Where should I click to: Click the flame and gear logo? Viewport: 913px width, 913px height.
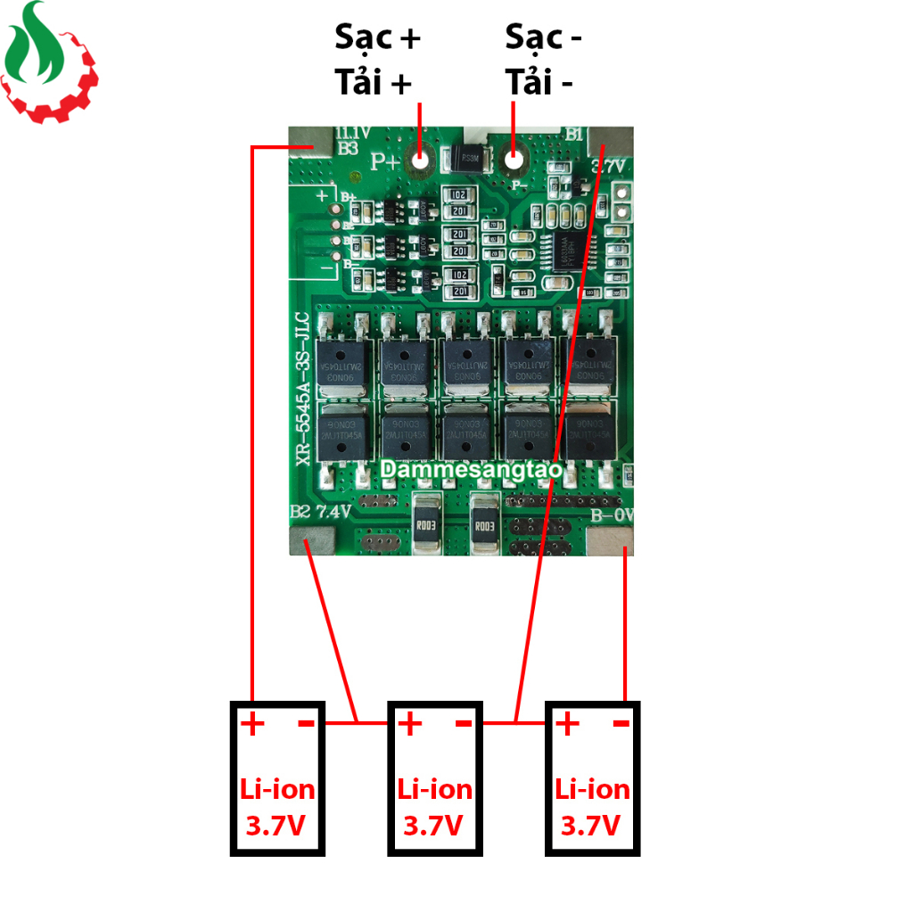(x=49, y=62)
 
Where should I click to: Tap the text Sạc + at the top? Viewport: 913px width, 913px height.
(x=377, y=37)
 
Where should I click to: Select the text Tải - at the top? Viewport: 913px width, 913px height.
(x=540, y=83)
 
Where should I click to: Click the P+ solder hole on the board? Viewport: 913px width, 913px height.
(x=419, y=160)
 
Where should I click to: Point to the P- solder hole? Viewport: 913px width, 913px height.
(x=514, y=160)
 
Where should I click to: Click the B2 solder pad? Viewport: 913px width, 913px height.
(x=311, y=540)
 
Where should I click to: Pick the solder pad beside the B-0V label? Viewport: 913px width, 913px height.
(x=609, y=540)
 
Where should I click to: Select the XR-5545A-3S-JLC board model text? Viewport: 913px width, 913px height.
(x=302, y=389)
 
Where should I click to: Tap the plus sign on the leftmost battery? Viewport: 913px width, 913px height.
(x=253, y=724)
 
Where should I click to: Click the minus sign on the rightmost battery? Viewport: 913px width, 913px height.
(x=621, y=723)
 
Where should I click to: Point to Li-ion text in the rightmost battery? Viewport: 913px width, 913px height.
(x=592, y=789)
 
